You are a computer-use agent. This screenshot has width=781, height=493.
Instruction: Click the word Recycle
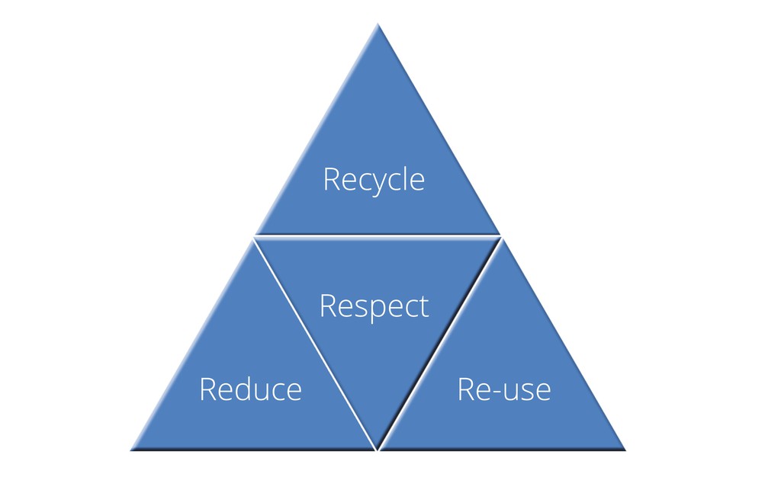point(374,180)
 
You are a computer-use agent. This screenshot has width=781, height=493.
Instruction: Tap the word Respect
point(374,307)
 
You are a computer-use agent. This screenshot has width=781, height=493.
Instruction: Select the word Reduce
point(250,389)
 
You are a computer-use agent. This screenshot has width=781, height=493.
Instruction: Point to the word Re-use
point(504,389)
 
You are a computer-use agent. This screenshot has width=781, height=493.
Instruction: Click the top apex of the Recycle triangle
point(378,24)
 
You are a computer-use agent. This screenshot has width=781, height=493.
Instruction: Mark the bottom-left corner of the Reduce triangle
point(131,450)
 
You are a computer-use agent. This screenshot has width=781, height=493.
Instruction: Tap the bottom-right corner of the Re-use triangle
point(625,450)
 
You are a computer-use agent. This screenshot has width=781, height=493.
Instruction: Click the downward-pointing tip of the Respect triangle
point(378,450)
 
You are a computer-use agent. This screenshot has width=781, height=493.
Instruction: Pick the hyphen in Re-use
point(496,392)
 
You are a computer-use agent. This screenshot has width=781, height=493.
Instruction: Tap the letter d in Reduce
point(243,389)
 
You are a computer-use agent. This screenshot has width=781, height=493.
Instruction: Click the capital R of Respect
point(328,306)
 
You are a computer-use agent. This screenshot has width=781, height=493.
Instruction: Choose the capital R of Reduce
point(208,389)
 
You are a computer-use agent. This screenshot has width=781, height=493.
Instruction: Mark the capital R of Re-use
point(466,389)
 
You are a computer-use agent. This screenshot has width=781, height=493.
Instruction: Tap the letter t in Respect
point(424,306)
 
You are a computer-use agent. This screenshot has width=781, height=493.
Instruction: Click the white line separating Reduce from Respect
point(315,344)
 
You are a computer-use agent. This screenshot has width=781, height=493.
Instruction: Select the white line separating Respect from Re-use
point(440,344)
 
